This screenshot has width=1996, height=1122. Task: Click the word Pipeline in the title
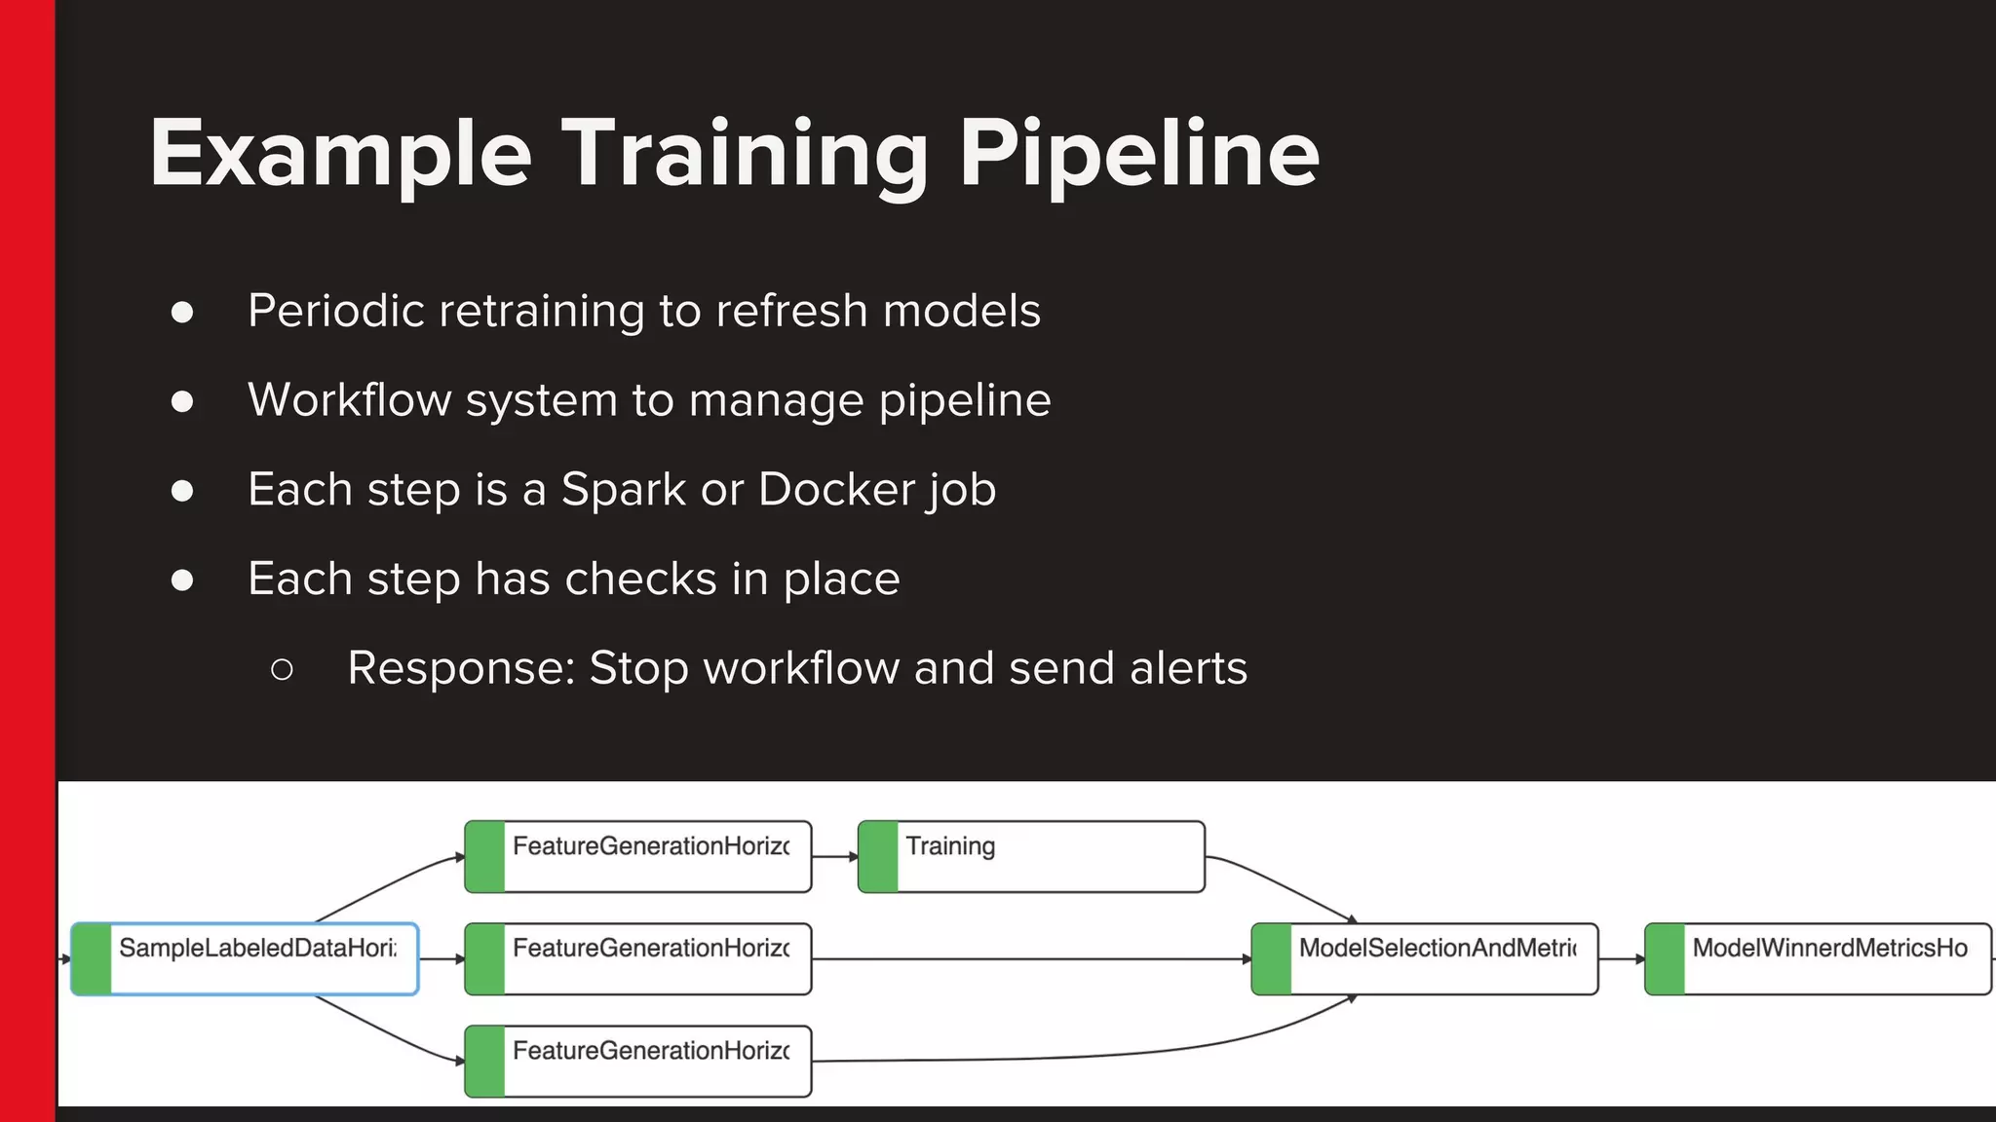click(1138, 154)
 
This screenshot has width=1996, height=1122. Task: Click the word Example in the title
click(340, 154)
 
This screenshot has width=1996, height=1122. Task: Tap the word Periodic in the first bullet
click(335, 312)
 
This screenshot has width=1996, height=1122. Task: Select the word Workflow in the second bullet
click(349, 400)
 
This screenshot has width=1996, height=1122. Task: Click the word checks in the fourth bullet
click(640, 579)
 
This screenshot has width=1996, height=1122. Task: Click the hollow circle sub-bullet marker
click(282, 670)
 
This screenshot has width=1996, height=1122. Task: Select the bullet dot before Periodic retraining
click(182, 312)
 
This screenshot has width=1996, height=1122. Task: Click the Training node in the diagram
click(1031, 857)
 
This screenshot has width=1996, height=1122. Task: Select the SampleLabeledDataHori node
click(245, 959)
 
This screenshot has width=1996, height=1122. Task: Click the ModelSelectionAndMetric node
click(1425, 959)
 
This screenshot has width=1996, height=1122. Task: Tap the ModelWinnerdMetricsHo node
click(1819, 959)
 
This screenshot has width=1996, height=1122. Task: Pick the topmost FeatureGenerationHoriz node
click(638, 857)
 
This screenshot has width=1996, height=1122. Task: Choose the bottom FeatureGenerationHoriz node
click(638, 1062)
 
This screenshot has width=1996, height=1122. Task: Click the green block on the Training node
click(878, 857)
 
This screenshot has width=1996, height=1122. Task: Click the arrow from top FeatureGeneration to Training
click(835, 857)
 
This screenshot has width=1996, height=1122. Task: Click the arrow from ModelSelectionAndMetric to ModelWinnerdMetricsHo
click(1622, 959)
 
